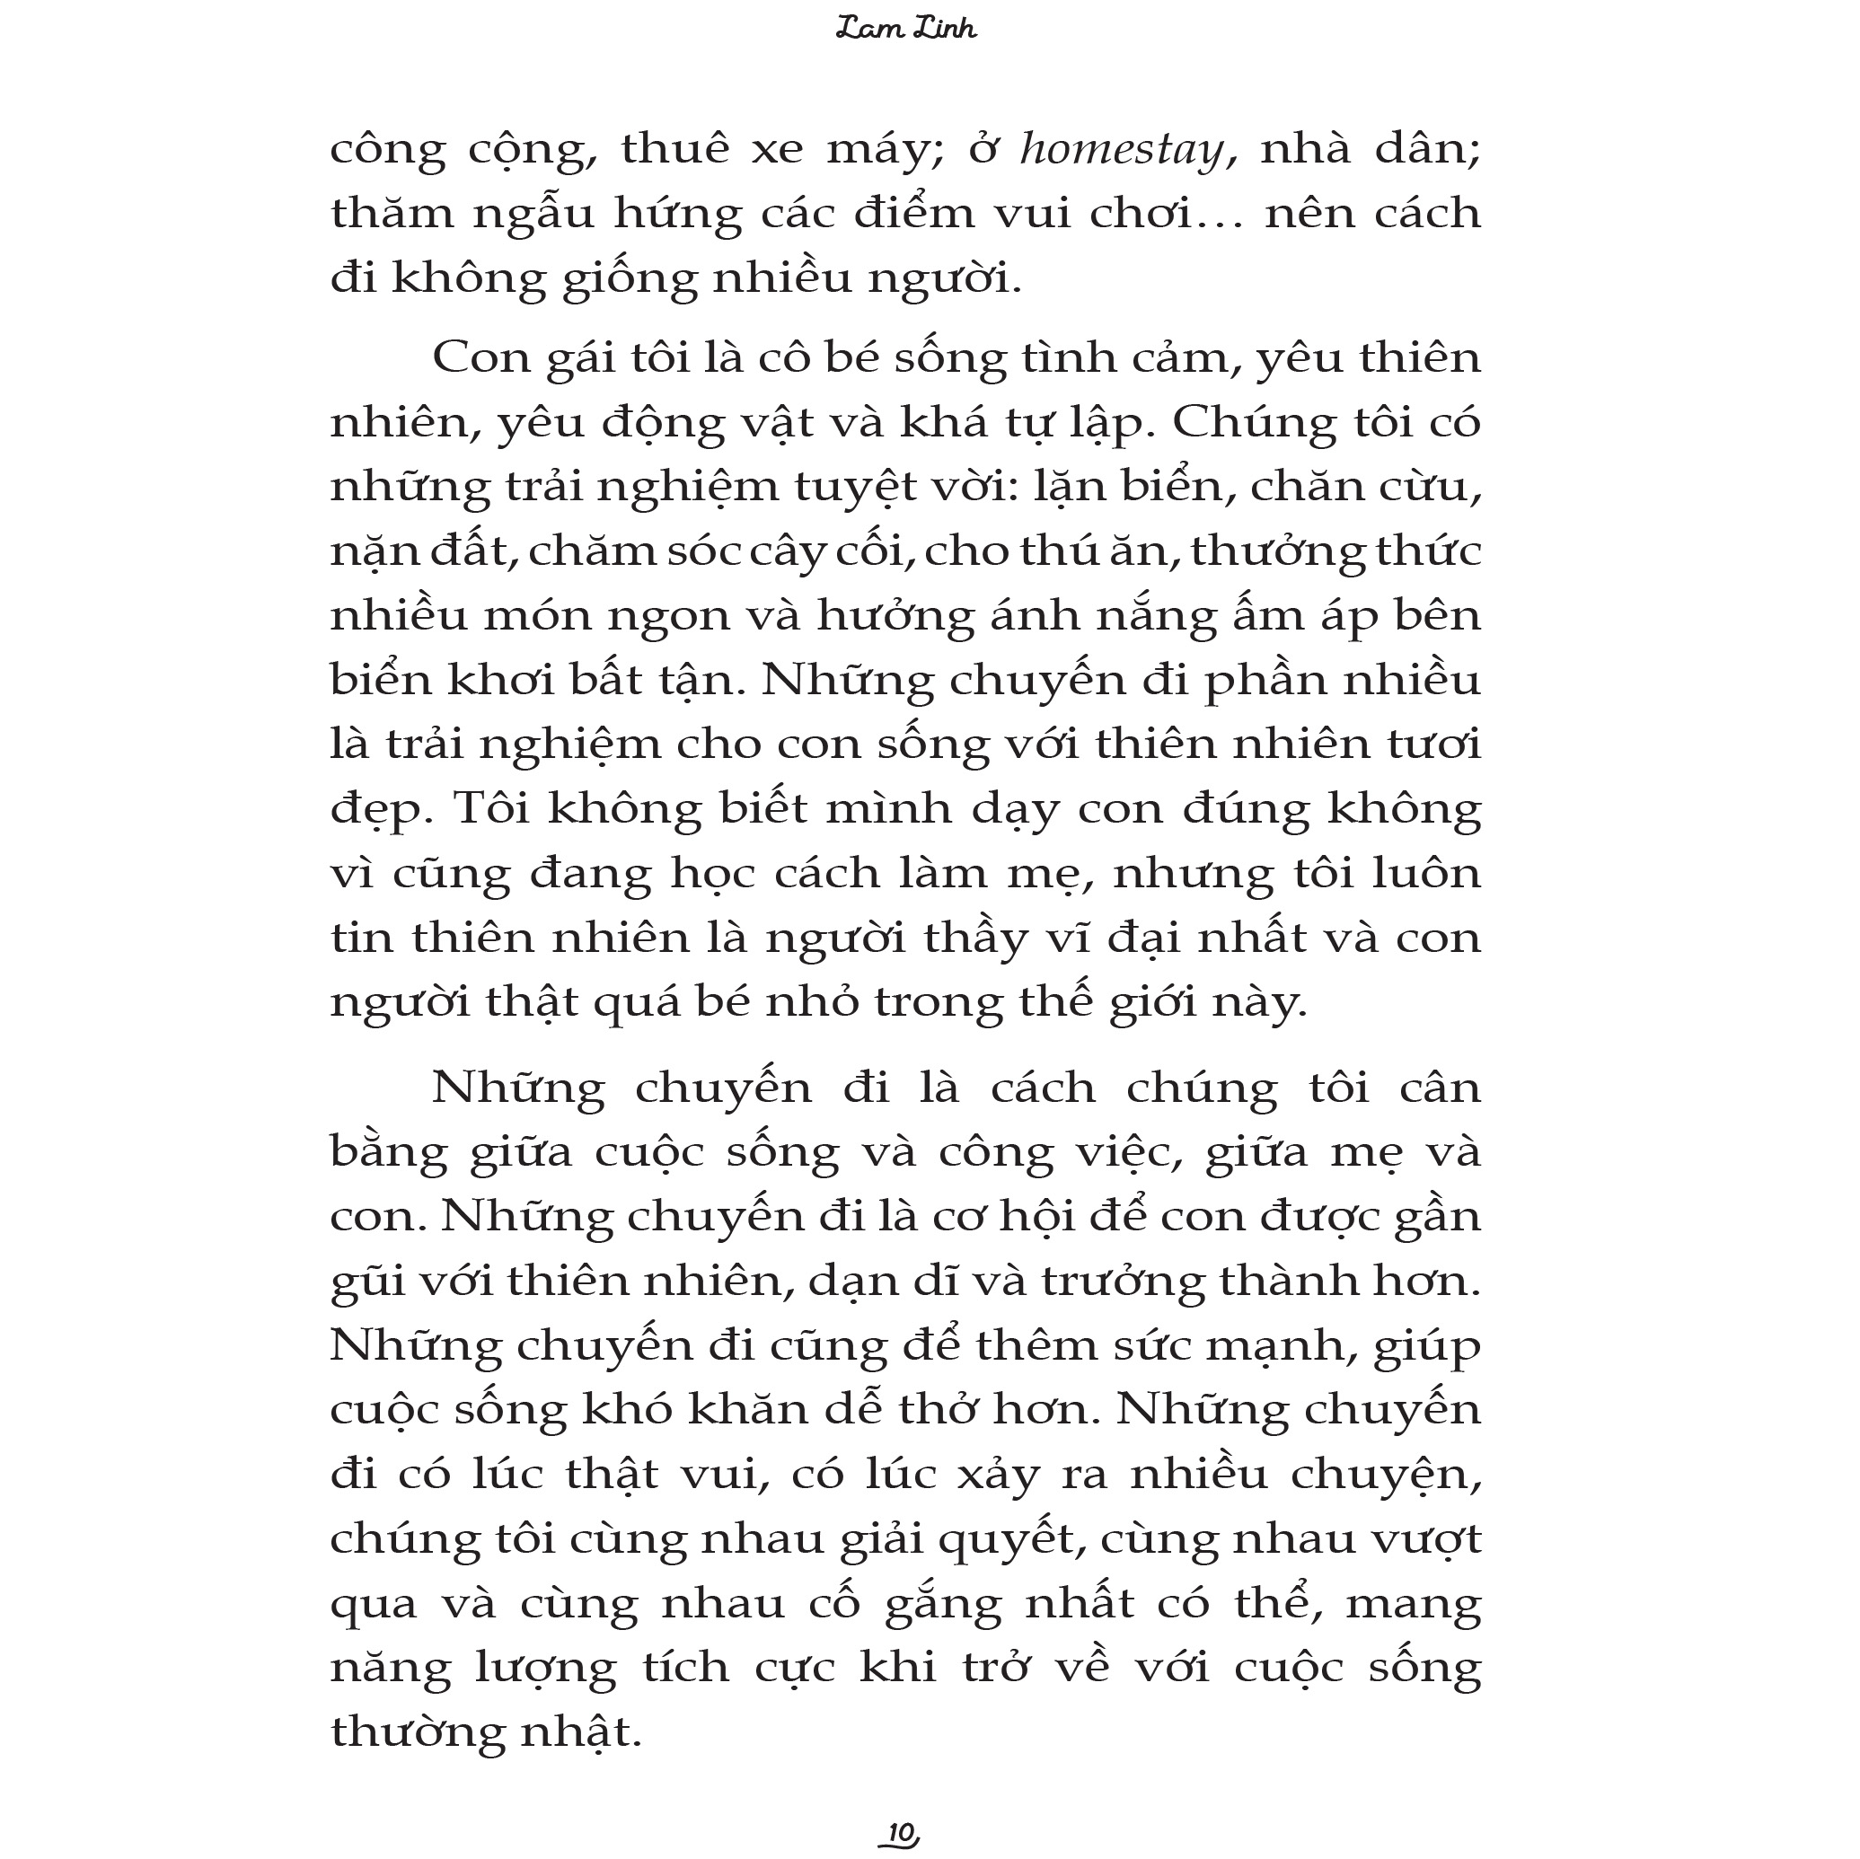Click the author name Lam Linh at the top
coord(906,29)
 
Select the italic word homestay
coord(1122,150)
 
